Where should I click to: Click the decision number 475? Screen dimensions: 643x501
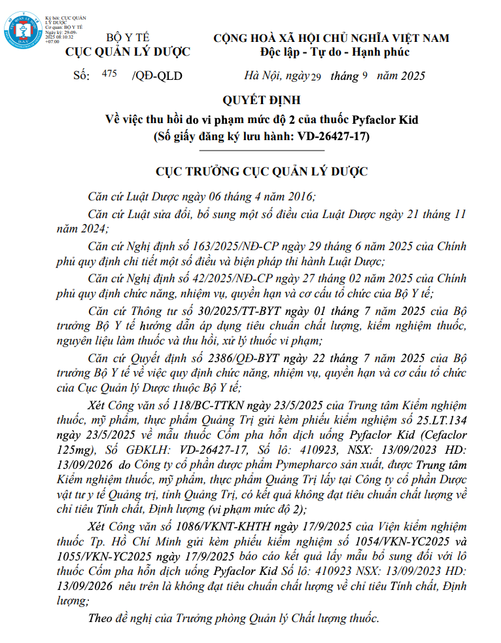tap(109, 74)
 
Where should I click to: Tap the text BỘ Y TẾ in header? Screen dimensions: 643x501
tap(128, 38)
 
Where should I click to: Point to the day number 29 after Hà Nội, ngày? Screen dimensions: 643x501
tap(316, 77)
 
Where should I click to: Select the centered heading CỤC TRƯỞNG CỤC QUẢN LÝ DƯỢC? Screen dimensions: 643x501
tap(261, 172)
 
